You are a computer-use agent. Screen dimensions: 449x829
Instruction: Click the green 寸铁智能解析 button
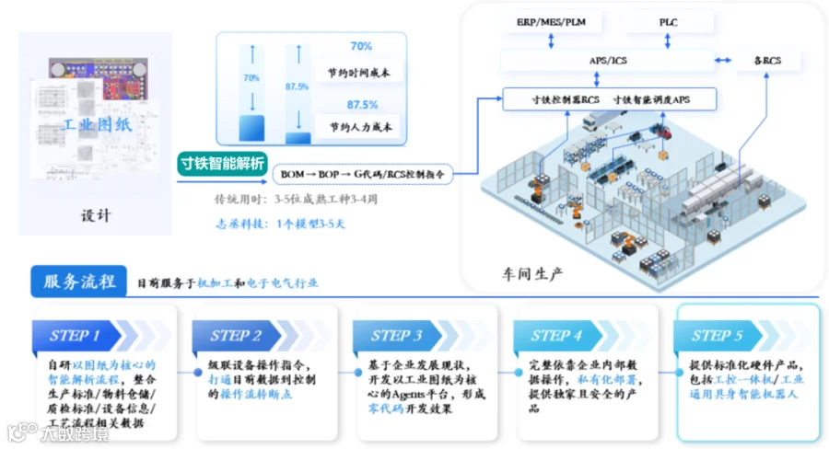[222, 165]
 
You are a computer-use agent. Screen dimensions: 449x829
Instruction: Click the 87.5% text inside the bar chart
[297, 87]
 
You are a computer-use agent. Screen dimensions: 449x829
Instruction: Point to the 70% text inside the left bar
[251, 79]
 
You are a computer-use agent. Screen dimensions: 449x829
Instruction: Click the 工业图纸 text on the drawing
[96, 124]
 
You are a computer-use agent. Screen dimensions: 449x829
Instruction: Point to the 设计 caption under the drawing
[95, 216]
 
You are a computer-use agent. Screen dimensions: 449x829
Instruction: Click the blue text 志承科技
[239, 224]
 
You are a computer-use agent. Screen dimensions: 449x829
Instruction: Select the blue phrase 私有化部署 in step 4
[608, 379]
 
